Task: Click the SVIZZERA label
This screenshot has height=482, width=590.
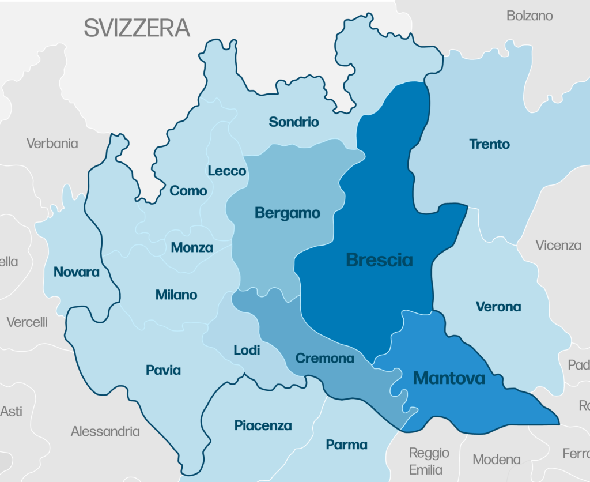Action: tap(137, 28)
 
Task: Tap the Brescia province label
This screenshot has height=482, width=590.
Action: tap(379, 260)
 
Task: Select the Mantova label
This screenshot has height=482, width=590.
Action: tap(449, 378)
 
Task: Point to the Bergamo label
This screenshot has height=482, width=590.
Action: tap(288, 213)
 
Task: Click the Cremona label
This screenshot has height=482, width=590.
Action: tap(324, 359)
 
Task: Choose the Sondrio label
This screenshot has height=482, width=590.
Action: tap(294, 122)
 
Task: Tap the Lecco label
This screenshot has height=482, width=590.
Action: tap(227, 171)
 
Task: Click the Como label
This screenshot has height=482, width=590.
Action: tap(188, 191)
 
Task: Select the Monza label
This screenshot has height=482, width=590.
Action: tap(192, 248)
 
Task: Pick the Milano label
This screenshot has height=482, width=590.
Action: tap(176, 295)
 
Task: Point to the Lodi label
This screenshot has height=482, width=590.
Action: tap(247, 350)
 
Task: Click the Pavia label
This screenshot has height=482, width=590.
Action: tap(163, 370)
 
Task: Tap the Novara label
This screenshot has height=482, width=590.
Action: tap(77, 272)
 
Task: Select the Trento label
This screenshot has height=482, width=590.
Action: tap(489, 144)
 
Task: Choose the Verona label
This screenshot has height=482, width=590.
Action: tap(498, 307)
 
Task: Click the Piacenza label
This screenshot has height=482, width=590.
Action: tap(263, 425)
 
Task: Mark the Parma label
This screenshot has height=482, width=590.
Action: tap(346, 445)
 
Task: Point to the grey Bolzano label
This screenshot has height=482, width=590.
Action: tap(530, 16)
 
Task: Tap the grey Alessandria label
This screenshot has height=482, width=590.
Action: tap(105, 431)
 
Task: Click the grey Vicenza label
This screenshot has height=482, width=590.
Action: tap(558, 245)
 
